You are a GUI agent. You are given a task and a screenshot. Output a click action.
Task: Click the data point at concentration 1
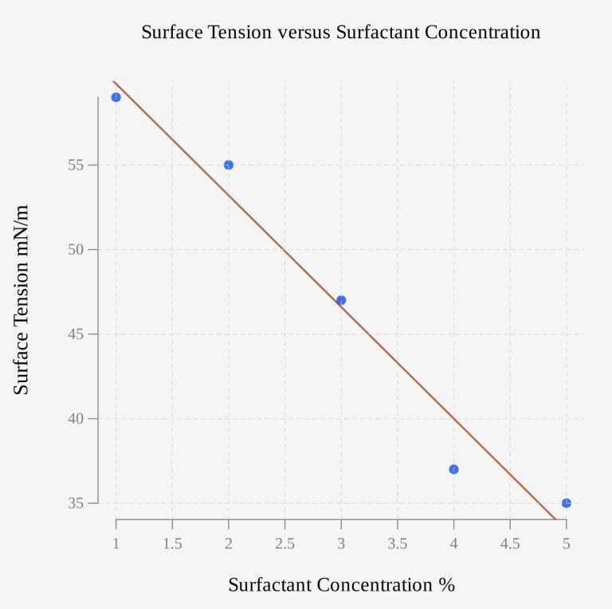[116, 97]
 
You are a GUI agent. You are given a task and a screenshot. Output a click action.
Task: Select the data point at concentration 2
[229, 165]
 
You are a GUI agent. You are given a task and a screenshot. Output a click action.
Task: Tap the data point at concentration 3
[341, 300]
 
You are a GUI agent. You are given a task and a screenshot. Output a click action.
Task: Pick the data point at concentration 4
[454, 469]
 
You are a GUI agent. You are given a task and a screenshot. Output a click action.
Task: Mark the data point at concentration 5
[567, 503]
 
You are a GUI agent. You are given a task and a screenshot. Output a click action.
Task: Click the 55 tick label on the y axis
[76, 165]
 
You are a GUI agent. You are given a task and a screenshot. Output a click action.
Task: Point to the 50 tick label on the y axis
[76, 249]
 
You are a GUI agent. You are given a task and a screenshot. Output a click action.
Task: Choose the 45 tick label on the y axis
[76, 334]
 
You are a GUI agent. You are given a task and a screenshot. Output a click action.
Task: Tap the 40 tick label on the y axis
[76, 419]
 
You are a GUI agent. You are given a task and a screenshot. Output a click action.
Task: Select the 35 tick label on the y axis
[76, 503]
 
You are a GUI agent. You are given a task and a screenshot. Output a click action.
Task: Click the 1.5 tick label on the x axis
[172, 544]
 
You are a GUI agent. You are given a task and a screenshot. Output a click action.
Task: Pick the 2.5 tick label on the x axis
[285, 544]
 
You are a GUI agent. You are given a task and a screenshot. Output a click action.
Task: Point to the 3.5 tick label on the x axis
[398, 544]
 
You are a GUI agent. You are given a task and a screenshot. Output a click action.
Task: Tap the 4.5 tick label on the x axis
[510, 544]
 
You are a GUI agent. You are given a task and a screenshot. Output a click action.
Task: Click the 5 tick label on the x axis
[567, 544]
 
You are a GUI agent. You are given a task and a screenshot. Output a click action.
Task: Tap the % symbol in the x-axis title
[446, 585]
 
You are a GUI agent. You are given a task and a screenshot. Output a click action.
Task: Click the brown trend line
[285, 250]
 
